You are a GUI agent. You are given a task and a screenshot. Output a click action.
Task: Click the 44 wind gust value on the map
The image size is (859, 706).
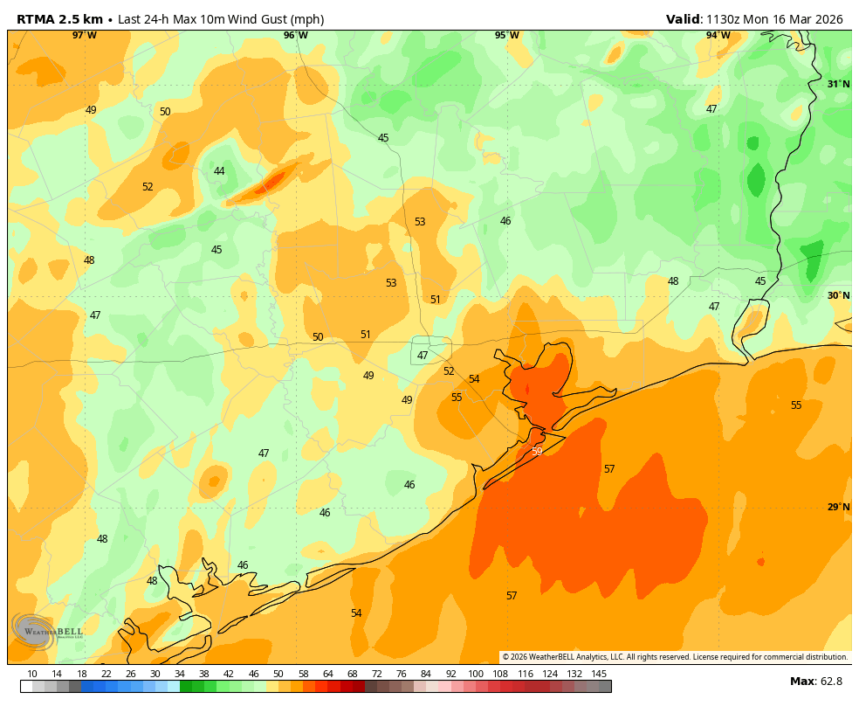point(219,171)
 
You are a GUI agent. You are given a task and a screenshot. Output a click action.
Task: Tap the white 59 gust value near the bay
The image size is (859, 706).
point(537,452)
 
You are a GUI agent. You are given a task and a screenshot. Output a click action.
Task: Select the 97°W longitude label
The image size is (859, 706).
point(85,36)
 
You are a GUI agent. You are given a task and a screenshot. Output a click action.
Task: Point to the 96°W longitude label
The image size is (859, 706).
point(296,36)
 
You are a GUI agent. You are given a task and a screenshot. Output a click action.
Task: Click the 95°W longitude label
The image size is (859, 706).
point(507,36)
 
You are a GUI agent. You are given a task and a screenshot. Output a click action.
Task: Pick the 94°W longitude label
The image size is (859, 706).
point(718,36)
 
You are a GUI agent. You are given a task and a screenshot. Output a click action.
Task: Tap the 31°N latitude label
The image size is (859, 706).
point(838,85)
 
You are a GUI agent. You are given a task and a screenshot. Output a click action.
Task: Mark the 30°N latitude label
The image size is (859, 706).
point(838,296)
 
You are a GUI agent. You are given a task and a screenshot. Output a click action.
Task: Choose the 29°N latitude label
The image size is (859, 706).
point(838,508)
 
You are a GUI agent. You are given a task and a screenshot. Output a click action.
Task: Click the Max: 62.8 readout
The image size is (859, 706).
point(816,682)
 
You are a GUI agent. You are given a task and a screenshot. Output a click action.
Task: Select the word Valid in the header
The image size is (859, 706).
point(683,19)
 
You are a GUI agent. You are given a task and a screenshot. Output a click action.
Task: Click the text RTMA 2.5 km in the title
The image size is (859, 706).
point(59,19)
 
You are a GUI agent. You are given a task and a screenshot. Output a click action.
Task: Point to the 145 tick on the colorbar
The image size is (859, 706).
point(599,674)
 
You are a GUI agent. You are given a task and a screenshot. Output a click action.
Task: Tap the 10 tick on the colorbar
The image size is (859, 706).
point(32,674)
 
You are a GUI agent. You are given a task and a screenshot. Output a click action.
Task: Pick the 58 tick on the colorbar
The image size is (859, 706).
point(303,674)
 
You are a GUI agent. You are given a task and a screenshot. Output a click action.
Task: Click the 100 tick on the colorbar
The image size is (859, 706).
point(476,674)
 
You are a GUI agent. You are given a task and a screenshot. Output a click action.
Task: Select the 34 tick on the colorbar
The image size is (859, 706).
point(180,674)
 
